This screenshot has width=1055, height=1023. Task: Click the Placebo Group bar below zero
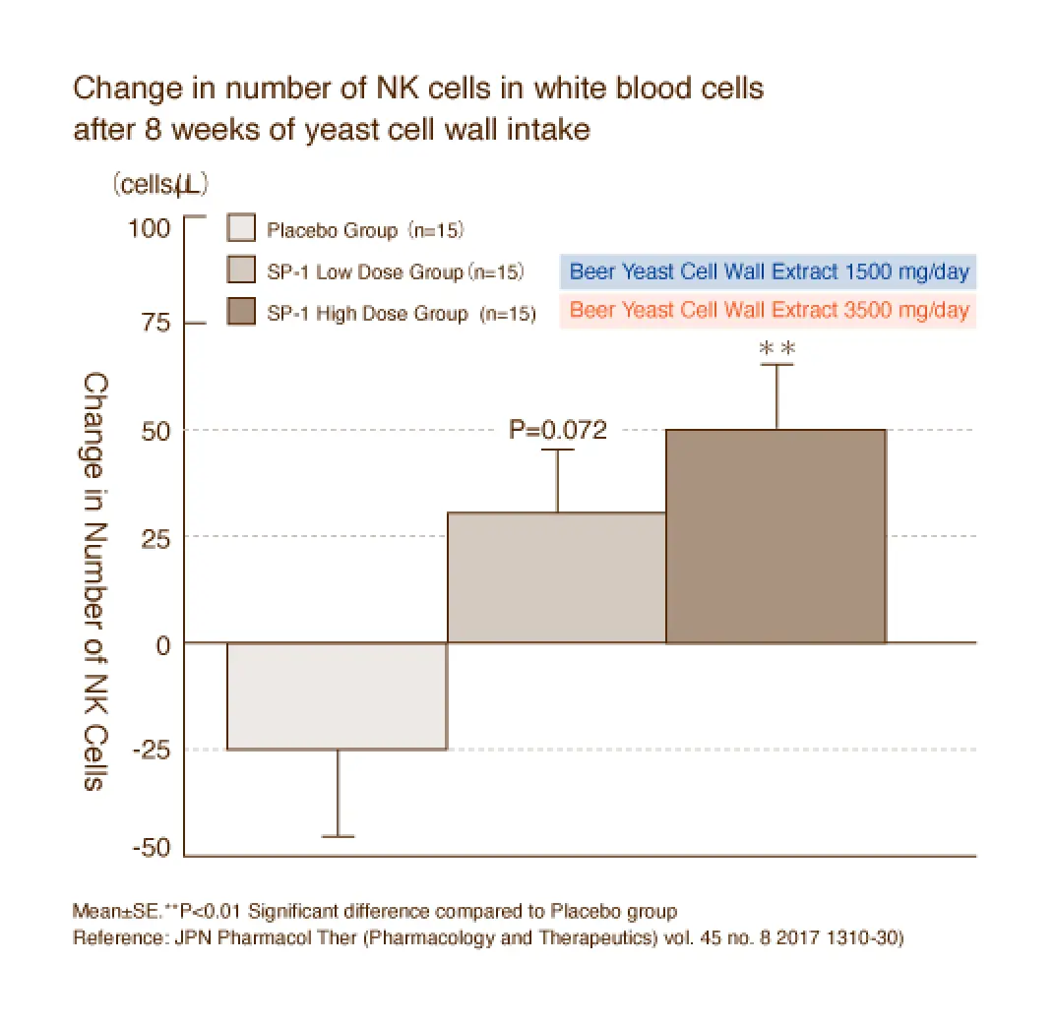(x=337, y=695)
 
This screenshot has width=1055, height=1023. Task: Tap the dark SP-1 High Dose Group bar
(x=776, y=536)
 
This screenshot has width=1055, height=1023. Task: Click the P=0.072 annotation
(x=557, y=430)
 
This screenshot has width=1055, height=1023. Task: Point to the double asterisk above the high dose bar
(x=776, y=348)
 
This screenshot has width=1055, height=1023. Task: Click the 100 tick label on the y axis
(x=151, y=228)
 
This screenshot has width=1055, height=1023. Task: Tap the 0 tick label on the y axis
(x=162, y=643)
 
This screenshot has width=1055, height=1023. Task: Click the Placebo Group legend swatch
(x=241, y=229)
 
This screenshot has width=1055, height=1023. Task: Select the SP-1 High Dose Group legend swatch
(x=241, y=312)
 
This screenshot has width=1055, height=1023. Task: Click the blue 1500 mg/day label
(x=769, y=271)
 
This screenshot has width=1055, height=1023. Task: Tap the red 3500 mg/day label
(x=769, y=311)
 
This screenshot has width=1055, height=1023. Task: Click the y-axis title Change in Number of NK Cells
(x=95, y=580)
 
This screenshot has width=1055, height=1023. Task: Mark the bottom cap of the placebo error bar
(x=338, y=836)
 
